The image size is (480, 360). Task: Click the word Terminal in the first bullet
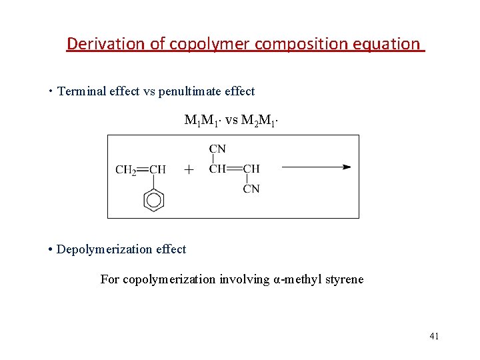point(80,91)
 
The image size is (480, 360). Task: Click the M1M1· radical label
point(203,121)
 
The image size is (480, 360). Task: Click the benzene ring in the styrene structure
point(154,199)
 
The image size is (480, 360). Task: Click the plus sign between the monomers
point(189,170)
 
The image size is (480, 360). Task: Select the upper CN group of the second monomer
point(217,149)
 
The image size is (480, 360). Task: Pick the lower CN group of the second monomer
point(251,189)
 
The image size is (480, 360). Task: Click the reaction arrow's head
point(346,167)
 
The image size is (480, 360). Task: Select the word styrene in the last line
point(345,279)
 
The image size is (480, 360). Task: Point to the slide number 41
point(434,336)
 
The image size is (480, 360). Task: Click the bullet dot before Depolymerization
point(51,249)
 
